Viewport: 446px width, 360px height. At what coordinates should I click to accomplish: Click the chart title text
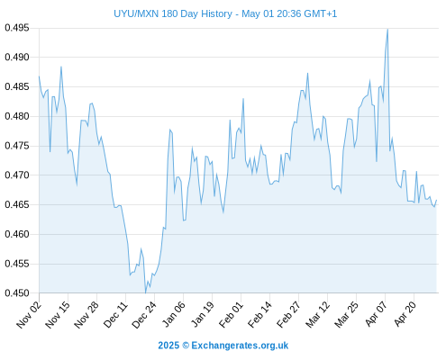click(225, 13)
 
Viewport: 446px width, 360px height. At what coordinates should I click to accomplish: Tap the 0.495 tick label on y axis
click(17, 28)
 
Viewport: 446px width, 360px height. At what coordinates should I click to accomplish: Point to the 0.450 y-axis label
click(17, 293)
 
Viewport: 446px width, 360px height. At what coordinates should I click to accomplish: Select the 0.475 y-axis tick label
click(17, 146)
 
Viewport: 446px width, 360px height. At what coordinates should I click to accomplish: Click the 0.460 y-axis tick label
click(17, 234)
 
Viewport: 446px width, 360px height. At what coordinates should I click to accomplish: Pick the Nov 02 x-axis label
click(29, 314)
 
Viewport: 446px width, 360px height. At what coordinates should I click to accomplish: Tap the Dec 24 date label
click(144, 314)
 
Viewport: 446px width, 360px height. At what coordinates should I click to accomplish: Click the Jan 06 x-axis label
click(173, 314)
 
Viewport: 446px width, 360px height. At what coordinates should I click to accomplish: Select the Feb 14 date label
click(259, 314)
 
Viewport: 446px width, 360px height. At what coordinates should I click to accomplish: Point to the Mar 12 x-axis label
click(317, 314)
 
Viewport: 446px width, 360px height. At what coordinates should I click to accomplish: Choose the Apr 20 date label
click(405, 314)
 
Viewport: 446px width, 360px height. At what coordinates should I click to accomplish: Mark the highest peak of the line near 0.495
click(387, 30)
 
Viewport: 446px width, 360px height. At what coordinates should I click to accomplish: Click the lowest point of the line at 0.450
click(146, 292)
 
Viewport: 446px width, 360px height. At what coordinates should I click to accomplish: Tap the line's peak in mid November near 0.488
click(61, 67)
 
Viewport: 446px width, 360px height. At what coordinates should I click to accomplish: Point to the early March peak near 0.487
click(307, 73)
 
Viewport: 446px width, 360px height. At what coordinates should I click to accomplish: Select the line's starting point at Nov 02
click(39, 76)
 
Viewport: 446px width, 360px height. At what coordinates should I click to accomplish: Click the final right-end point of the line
click(436, 200)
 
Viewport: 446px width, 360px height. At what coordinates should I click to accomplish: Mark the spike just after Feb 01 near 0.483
click(243, 99)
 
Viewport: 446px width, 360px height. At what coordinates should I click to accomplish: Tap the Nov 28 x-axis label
click(86, 314)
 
